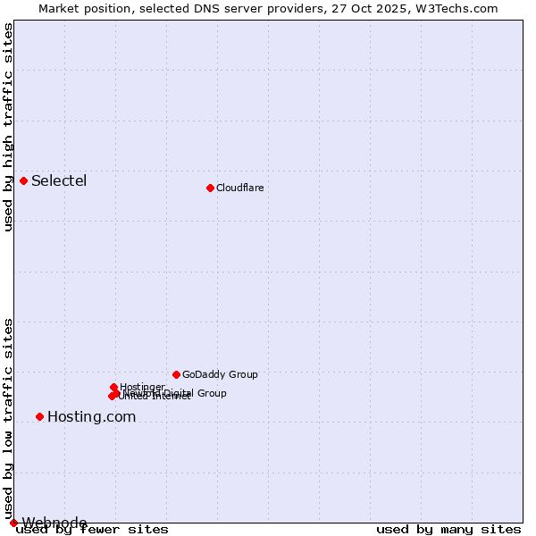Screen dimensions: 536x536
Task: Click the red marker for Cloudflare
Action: coord(210,188)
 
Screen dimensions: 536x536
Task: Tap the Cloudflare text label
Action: coord(239,188)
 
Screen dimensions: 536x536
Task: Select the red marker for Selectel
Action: coord(23,180)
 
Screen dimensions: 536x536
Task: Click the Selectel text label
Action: coord(59,180)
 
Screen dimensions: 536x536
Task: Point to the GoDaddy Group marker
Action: coord(176,374)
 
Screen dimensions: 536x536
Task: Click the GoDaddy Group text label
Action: coord(220,374)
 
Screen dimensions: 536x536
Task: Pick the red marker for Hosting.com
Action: coord(39,416)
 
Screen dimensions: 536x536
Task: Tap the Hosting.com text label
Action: coord(91,416)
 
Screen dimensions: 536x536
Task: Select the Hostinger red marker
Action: coord(113,387)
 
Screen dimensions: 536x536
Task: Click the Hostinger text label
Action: coord(142,387)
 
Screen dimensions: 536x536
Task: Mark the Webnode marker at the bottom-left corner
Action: coord(13,523)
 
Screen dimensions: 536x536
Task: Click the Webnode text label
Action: coord(54,523)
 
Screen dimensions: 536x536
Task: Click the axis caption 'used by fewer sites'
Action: coord(92,530)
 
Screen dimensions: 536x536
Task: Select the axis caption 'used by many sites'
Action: coord(448,530)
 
